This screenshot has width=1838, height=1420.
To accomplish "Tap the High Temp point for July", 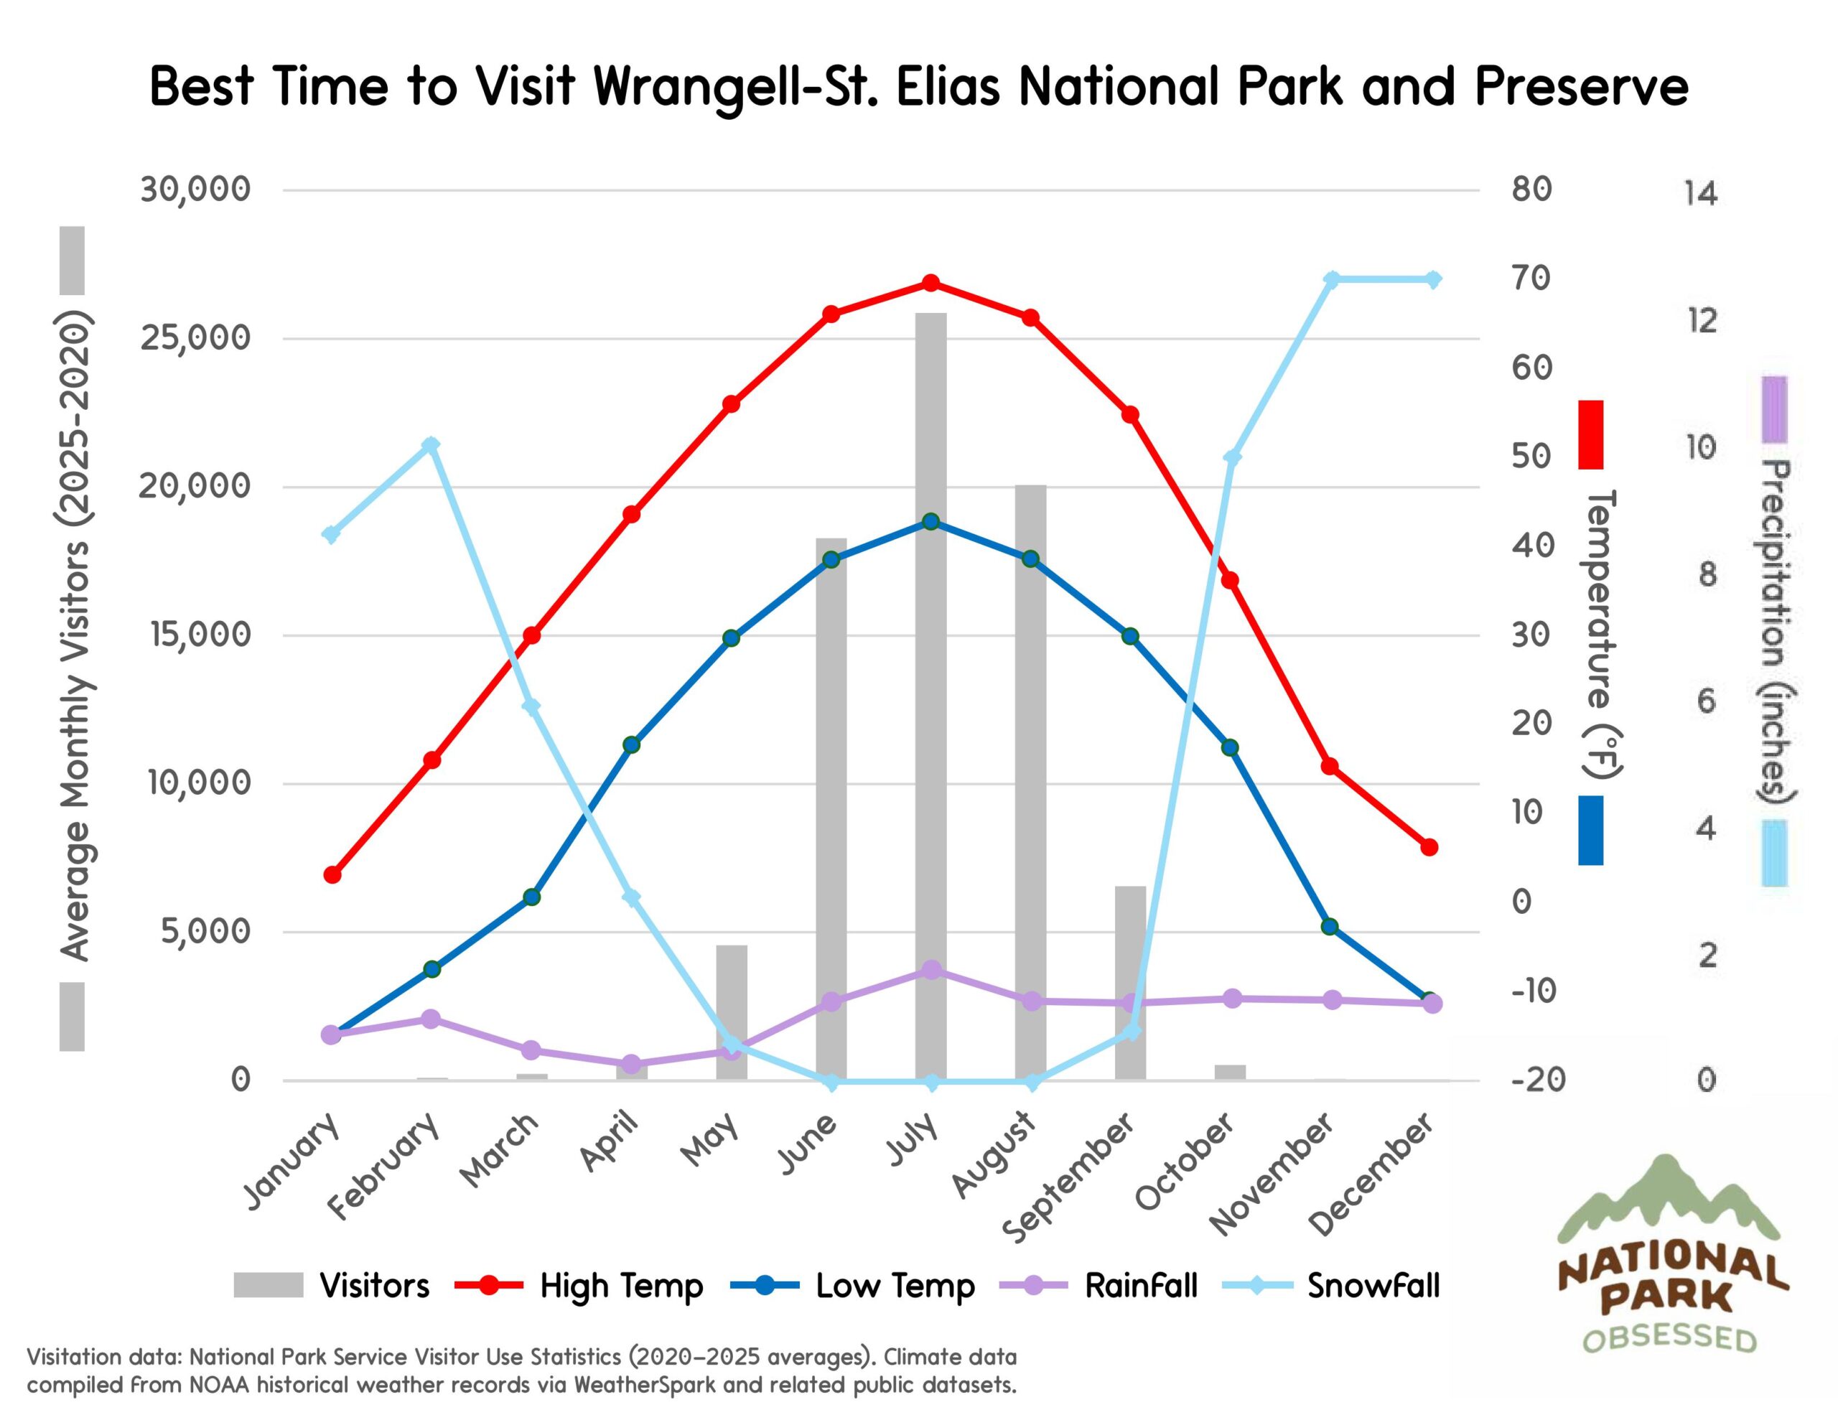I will click(x=930, y=284).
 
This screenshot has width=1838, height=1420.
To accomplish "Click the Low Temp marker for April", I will click(x=632, y=745).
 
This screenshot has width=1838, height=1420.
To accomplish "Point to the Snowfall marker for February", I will click(x=431, y=445).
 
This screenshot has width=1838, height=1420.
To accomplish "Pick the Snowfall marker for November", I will click(x=1331, y=279).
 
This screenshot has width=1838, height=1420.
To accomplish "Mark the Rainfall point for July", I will click(x=930, y=971).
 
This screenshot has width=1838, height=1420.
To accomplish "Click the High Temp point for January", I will click(x=332, y=875).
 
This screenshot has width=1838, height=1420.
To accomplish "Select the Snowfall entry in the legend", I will click(x=1373, y=1286).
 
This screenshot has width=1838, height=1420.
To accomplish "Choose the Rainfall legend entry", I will click(x=1140, y=1286).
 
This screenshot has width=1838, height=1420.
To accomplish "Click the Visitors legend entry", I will click(x=375, y=1286).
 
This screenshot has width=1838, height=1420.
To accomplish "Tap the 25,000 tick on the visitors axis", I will click(x=195, y=338).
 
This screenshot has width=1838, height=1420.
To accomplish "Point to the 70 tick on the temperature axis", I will click(x=1531, y=279).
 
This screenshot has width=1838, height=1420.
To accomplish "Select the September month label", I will click(x=1070, y=1177).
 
